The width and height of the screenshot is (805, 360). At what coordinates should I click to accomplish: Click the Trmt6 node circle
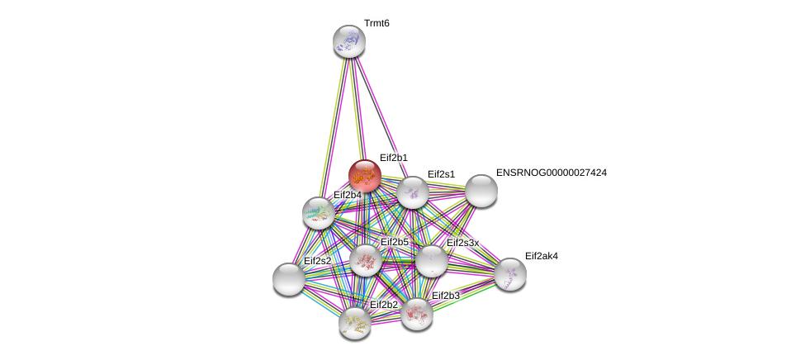point(349,41)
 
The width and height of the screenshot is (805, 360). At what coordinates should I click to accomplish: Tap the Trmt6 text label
point(376,23)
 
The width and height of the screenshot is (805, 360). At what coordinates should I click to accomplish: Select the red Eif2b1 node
point(364,176)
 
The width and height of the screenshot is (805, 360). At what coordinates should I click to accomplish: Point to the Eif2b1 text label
point(394,158)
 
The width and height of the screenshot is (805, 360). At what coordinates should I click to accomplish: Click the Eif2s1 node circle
point(413,192)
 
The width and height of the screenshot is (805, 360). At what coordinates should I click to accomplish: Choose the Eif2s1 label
point(441,174)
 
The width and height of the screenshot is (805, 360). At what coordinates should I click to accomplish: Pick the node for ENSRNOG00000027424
point(481,191)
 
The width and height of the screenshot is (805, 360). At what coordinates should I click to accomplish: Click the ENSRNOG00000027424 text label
point(551,173)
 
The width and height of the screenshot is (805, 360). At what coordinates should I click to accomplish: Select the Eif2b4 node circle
point(319,213)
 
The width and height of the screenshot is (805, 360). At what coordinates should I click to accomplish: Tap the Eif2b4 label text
point(347,195)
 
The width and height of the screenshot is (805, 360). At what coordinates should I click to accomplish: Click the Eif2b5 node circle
point(366,260)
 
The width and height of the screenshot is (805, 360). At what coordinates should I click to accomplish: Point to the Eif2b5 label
point(394,242)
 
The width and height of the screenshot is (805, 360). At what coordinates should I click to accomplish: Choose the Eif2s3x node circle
point(431,261)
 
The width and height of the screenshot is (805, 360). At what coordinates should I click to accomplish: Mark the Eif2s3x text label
point(462,243)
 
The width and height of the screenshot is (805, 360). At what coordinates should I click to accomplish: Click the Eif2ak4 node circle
point(510,274)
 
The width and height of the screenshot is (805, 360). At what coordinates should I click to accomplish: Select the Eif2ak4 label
point(541,256)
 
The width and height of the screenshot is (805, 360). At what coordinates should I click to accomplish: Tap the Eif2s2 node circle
point(289,279)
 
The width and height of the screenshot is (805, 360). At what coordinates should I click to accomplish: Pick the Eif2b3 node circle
point(417,314)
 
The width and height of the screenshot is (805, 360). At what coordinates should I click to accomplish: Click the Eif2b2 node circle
point(355,323)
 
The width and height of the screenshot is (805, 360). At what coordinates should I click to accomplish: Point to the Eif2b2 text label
point(383,305)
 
